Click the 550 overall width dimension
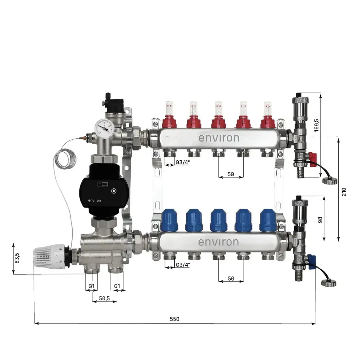[x=174, y=319]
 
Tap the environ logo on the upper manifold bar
[x=218, y=138]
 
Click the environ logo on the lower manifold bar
[x=218, y=242]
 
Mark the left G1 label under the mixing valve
[x=92, y=286]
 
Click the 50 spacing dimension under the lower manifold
[x=231, y=278]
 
